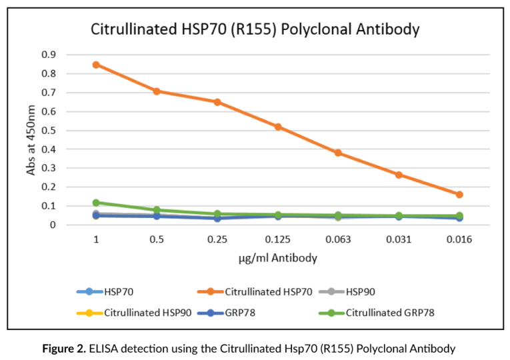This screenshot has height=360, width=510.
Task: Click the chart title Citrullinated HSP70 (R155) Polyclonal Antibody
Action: pos(255,29)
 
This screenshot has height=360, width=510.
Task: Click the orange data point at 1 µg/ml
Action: pos(96,65)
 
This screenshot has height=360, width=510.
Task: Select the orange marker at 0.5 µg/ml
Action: pos(157,91)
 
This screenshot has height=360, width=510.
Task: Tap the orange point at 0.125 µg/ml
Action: pos(278,127)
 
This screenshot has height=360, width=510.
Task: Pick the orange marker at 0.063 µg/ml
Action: pos(338,153)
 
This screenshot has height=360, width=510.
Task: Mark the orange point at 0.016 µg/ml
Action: pos(459,195)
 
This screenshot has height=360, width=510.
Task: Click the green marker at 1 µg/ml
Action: pos(96,203)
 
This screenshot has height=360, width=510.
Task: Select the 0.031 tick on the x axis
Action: pos(399,237)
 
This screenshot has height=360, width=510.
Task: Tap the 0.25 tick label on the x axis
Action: pos(217,237)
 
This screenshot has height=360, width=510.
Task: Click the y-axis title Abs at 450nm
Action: pos(31,139)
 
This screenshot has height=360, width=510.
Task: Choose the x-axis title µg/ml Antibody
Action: pos(277,257)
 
